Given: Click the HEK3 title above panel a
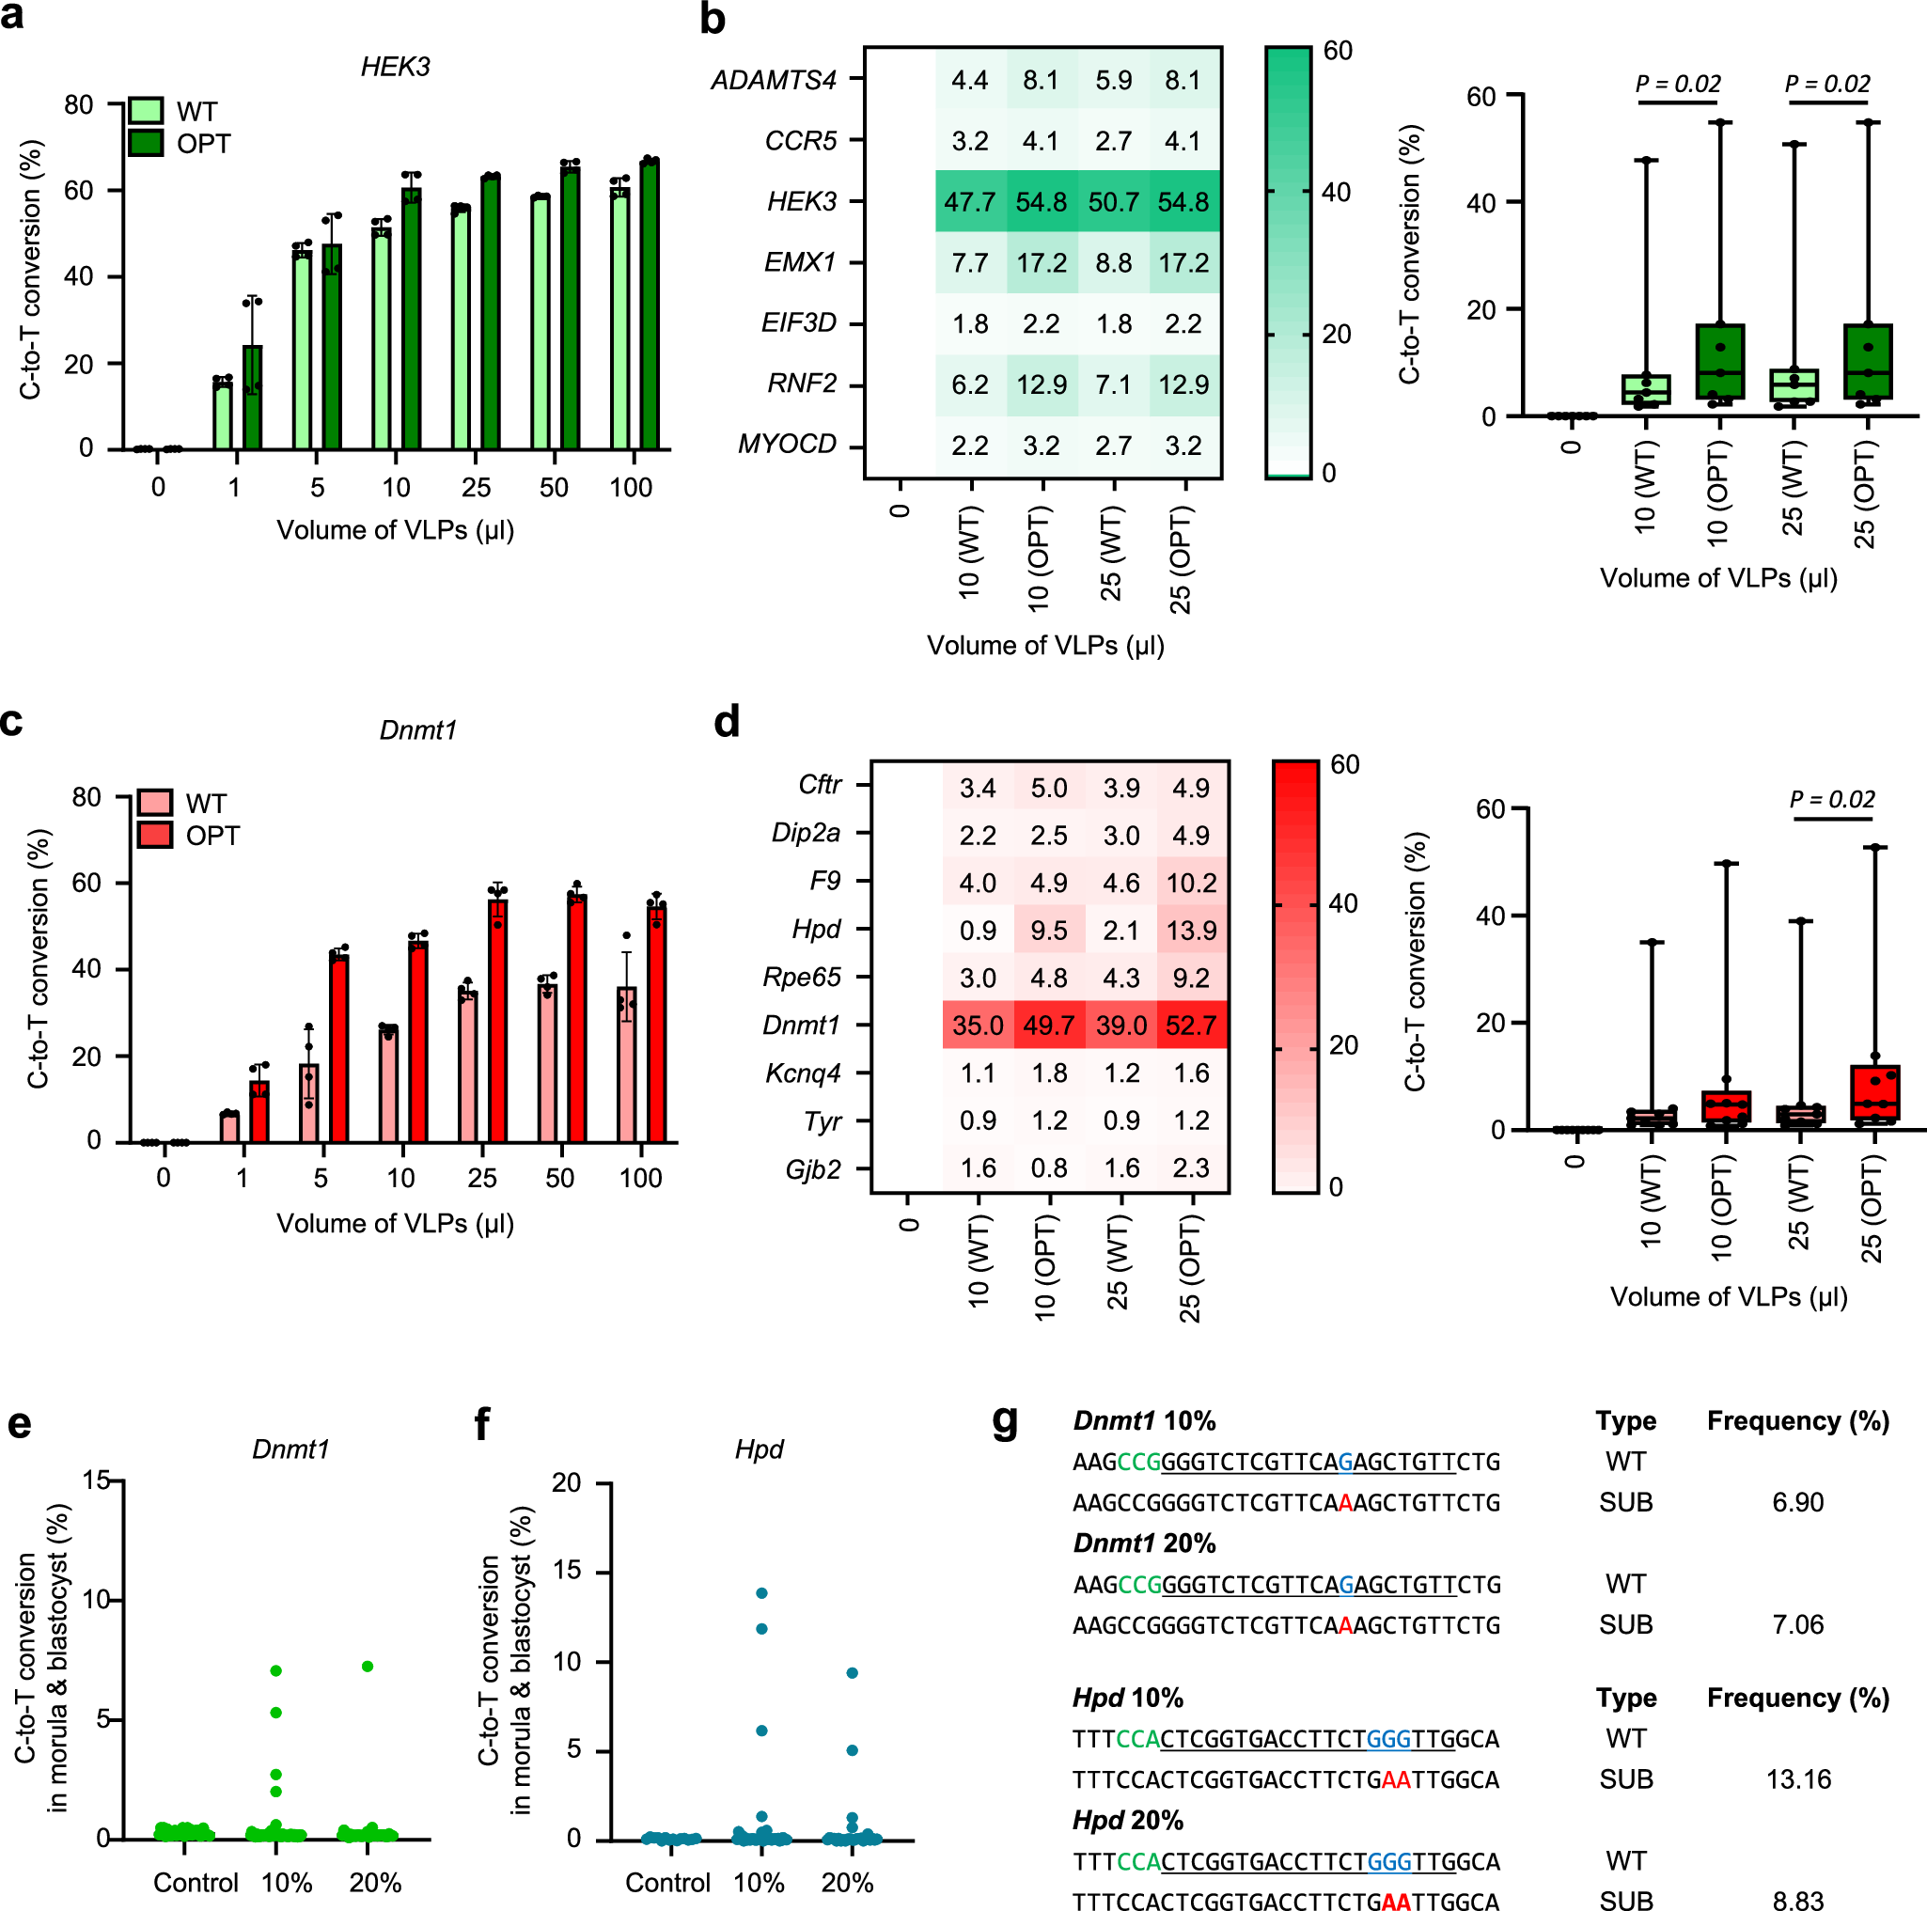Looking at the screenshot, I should [x=395, y=67].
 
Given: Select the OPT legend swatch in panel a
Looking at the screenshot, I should [x=146, y=144].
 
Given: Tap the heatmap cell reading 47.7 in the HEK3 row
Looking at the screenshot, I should [x=969, y=201].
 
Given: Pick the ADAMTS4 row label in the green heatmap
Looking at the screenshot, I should [x=773, y=80].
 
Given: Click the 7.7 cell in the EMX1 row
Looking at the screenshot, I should [x=969, y=262].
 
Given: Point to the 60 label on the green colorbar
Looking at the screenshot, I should [x=1338, y=50].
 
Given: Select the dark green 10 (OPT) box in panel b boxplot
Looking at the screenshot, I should [x=1719, y=361].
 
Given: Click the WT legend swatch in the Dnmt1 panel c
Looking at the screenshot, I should [x=154, y=803].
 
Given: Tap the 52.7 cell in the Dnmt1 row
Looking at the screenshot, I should [x=1191, y=1026].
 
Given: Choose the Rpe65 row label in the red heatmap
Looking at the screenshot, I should [x=801, y=977].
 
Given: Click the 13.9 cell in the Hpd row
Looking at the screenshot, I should [x=1191, y=930].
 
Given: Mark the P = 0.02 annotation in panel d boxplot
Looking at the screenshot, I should [x=1831, y=799].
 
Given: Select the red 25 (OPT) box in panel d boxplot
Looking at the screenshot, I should [x=1874, y=1092].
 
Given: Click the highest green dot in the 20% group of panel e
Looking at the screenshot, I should [x=367, y=1667].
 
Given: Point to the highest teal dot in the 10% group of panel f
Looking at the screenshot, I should [x=762, y=1593].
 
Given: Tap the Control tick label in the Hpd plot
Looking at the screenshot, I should [x=667, y=1882].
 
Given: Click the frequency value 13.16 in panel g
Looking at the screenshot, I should [x=1797, y=1779].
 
